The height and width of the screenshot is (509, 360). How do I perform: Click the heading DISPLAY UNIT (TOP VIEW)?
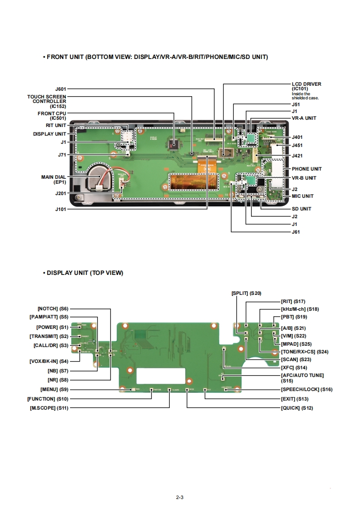[x=84, y=273]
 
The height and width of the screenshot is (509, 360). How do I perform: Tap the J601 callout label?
[x=60, y=89]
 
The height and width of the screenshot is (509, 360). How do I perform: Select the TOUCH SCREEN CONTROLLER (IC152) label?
[x=47, y=101]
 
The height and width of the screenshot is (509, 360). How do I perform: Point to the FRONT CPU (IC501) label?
[x=52, y=116]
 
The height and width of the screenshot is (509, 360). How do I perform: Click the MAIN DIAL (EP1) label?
[x=54, y=179]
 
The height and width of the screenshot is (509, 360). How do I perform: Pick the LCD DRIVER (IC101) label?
[x=306, y=86]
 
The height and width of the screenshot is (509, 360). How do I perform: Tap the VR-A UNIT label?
[x=304, y=118]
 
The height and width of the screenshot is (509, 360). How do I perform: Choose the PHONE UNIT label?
[x=306, y=169]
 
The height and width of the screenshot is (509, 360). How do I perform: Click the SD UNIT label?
[x=301, y=209]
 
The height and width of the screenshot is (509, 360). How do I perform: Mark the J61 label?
[x=296, y=232]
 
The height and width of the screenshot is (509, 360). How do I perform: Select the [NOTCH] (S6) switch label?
[x=53, y=309]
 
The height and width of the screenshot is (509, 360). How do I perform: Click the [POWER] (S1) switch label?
[x=52, y=327]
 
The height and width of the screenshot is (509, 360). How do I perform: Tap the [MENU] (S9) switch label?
[x=54, y=389]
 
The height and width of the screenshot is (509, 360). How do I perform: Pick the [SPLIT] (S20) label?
[x=247, y=294]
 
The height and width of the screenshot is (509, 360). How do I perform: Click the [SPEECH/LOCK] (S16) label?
[x=307, y=389]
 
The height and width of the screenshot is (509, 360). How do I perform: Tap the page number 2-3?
[x=180, y=497]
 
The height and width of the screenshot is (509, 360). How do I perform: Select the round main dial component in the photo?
[x=100, y=176]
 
